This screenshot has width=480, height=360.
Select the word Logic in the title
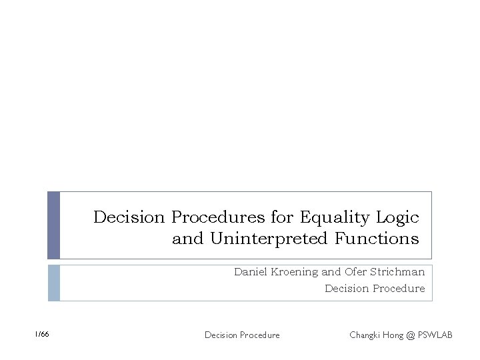click(397, 217)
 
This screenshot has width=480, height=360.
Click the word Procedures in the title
click(218, 217)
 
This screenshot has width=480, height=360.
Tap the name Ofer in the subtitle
click(356, 272)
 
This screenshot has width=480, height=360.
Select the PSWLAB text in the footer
click(435, 335)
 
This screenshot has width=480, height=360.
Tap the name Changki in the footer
click(365, 335)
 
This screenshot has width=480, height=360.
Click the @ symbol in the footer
click(410, 335)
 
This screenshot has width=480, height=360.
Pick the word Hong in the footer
click(393, 335)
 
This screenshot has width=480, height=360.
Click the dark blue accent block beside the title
click(53, 225)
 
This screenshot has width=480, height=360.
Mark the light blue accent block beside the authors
click(53, 283)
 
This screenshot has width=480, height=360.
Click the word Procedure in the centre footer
click(258, 335)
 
